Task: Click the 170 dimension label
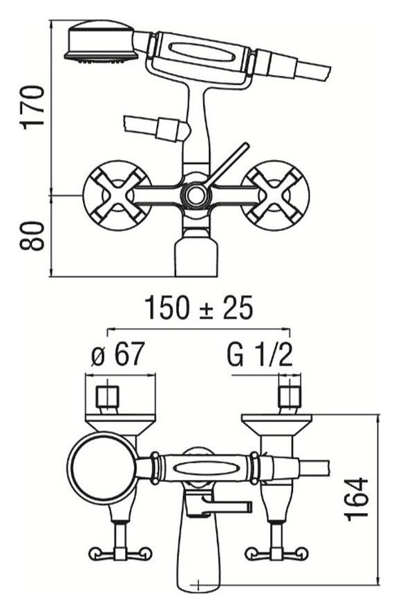32,107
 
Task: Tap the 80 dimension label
32,236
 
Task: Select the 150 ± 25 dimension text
199,308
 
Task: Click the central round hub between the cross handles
195,195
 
